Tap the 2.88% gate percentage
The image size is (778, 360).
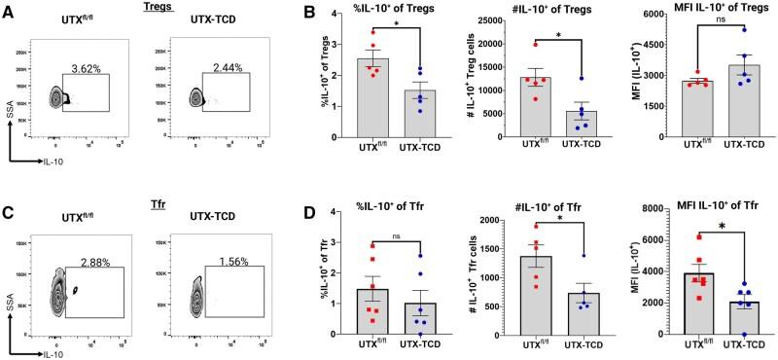click(101, 264)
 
